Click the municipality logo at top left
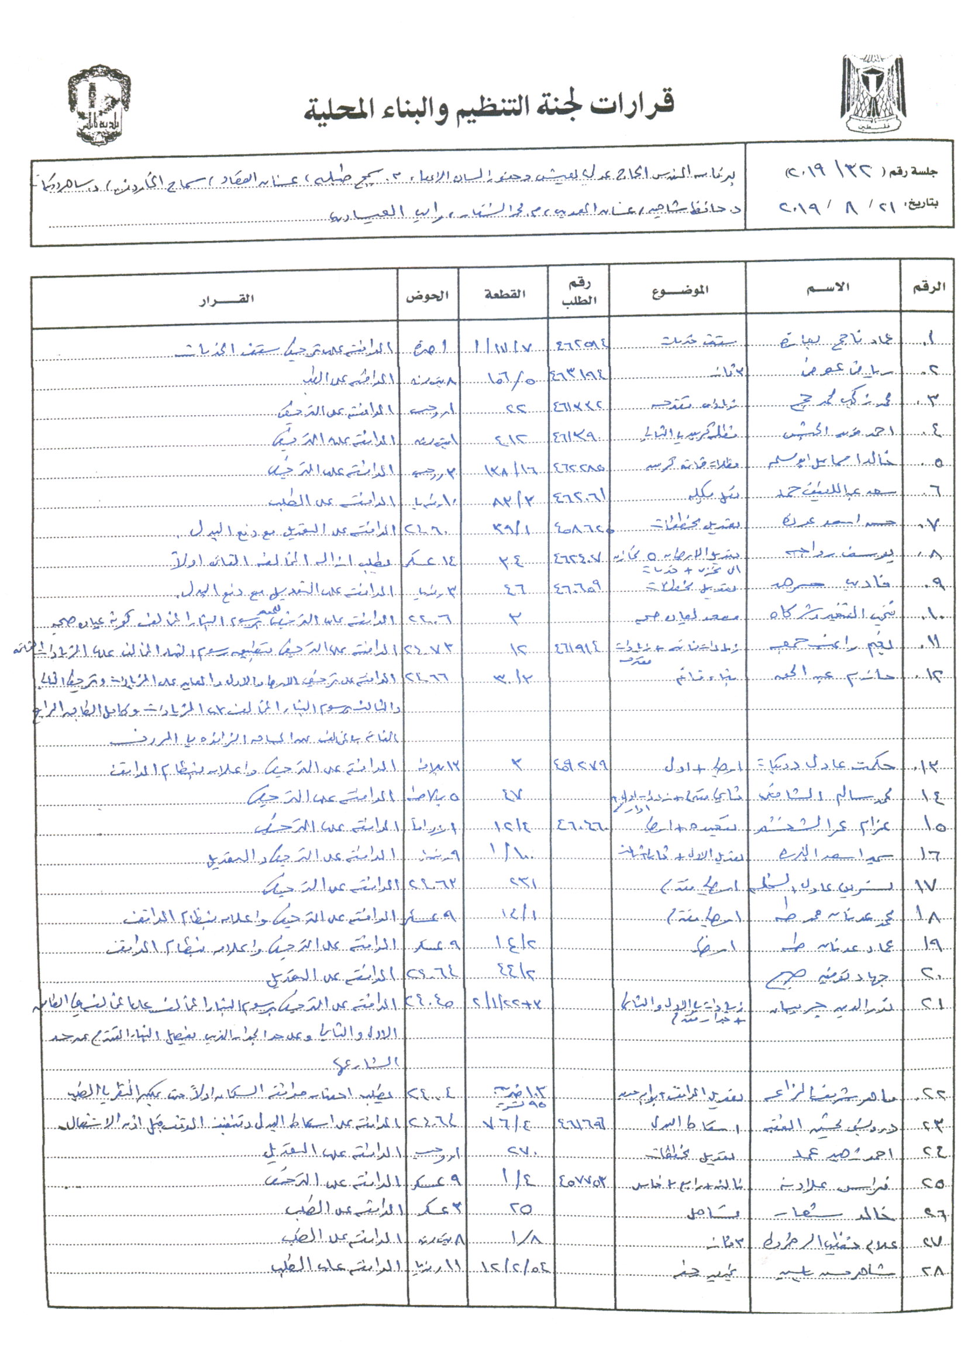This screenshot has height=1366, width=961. pyautogui.click(x=99, y=105)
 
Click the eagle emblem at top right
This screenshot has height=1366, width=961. pyautogui.click(x=873, y=97)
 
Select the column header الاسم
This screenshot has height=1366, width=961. pyautogui.click(x=828, y=288)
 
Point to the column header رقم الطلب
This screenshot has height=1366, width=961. pyautogui.click(x=578, y=292)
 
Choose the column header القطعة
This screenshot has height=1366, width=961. pyautogui.click(x=505, y=294)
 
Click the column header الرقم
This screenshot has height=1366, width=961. pyautogui.click(x=929, y=287)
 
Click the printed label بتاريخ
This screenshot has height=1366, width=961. pyautogui.click(x=924, y=203)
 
